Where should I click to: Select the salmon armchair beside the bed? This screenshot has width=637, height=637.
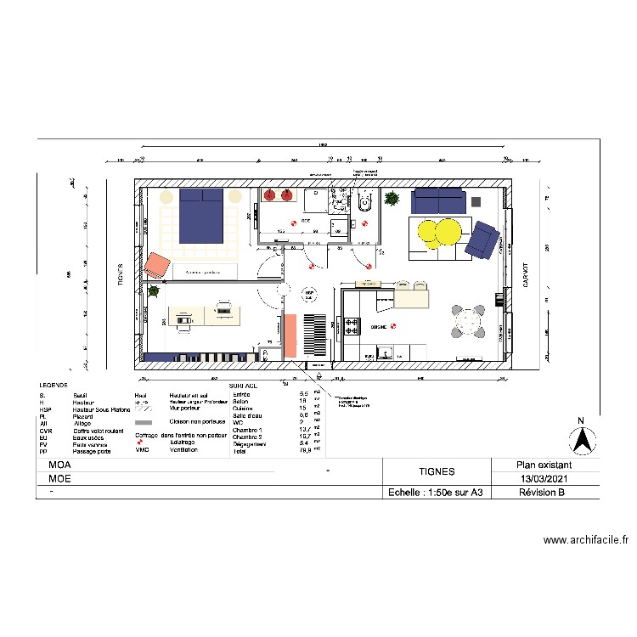(157, 265)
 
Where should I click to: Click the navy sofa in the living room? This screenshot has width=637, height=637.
(439, 201)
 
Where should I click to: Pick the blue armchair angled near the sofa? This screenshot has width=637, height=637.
(483, 240)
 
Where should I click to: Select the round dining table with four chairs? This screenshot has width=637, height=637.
(467, 322)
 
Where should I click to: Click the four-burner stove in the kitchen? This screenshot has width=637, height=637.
(352, 324)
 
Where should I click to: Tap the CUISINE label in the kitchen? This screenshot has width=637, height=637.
(379, 326)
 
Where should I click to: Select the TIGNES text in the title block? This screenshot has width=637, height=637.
(437, 471)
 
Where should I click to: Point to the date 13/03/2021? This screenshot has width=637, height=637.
(546, 479)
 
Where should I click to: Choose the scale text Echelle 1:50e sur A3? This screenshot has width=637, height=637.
(436, 493)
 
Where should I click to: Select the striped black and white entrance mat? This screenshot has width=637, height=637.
(313, 335)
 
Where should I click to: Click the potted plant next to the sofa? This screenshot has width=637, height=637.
(392, 200)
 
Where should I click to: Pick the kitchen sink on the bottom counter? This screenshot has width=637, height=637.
(384, 350)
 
